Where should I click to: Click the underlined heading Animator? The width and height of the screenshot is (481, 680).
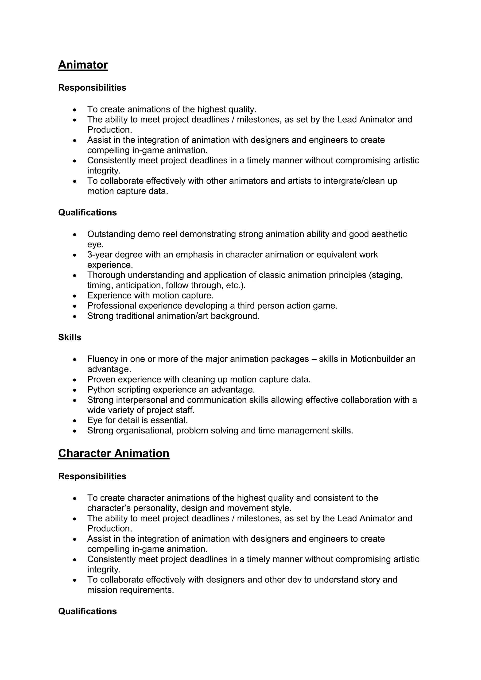(83, 65)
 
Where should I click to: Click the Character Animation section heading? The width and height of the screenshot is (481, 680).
(114, 453)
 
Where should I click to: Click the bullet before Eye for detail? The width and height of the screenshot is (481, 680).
(75, 421)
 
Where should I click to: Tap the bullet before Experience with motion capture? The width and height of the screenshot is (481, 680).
(75, 296)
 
